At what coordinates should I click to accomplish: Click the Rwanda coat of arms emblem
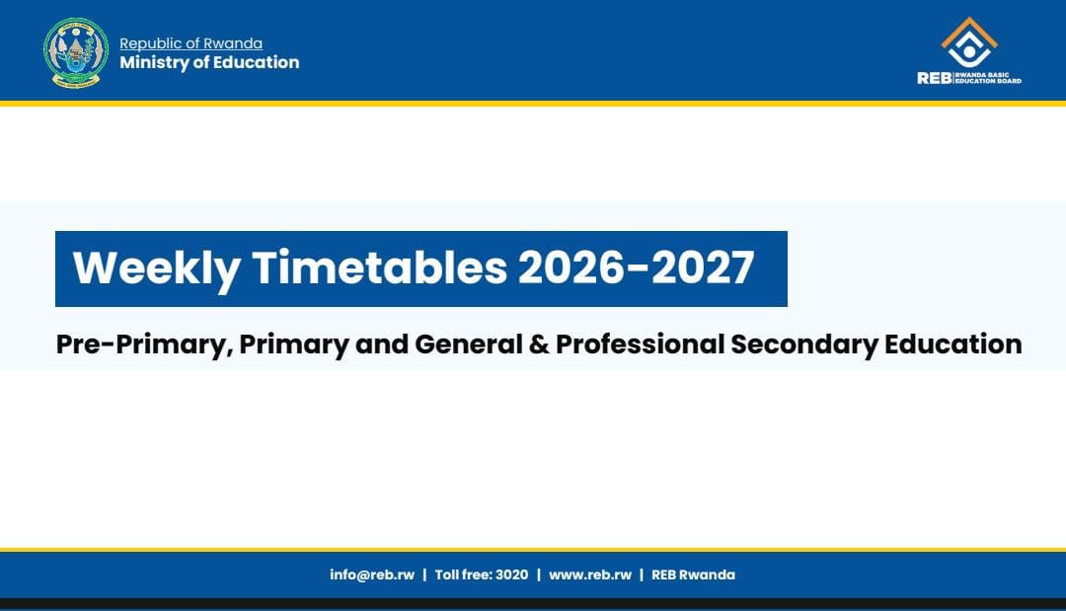tap(75, 53)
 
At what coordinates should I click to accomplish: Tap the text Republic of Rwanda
tap(191, 43)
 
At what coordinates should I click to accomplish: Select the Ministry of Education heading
tap(209, 62)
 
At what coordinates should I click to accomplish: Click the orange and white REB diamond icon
tap(969, 42)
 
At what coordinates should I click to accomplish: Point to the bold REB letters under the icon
tap(934, 78)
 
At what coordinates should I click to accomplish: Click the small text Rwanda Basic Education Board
tap(988, 78)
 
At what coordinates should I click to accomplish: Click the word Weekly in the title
tap(156, 267)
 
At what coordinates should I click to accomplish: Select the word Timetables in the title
tap(379, 267)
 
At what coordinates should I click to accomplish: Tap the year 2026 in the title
tap(571, 267)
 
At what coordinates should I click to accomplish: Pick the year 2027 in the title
tap(703, 267)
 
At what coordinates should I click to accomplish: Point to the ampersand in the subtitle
tap(539, 344)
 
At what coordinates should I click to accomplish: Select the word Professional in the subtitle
tap(640, 344)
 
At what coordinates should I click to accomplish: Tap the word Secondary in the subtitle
tap(804, 344)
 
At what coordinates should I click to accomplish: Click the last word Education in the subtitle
tap(953, 344)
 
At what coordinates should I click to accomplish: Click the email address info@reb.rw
tap(372, 575)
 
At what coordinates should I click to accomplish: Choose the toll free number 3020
tap(511, 575)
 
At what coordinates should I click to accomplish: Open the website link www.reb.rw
tap(590, 575)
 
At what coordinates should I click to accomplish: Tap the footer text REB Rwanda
tap(694, 575)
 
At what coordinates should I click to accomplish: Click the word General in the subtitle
tap(469, 344)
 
